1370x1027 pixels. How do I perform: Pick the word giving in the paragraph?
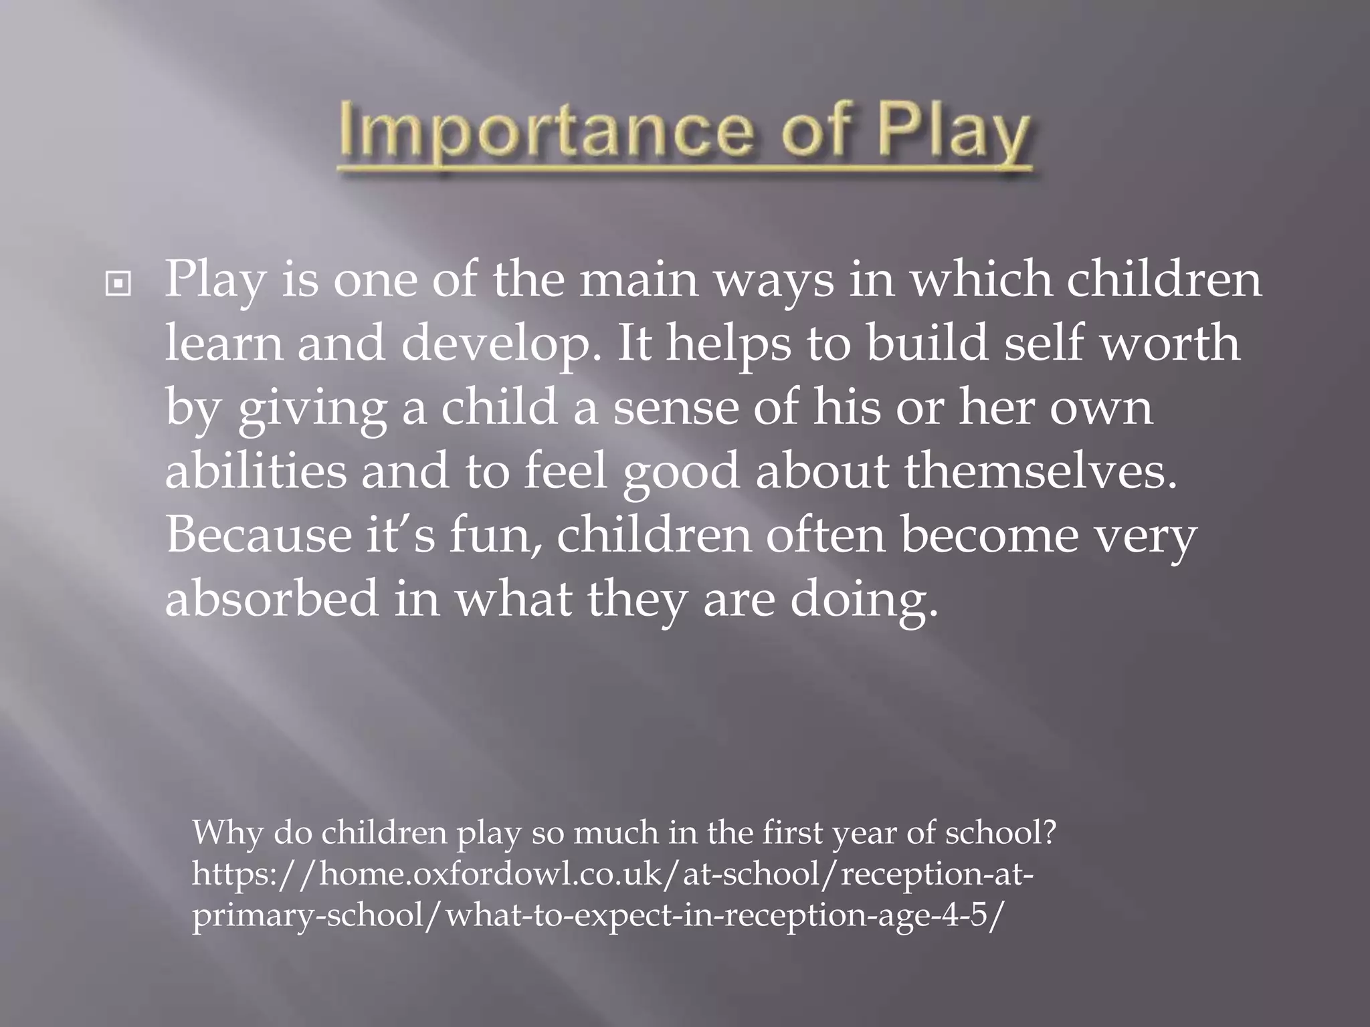[312, 409]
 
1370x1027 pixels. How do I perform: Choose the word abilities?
[256, 471]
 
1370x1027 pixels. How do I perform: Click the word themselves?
[1040, 471]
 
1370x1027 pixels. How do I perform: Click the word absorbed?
[272, 599]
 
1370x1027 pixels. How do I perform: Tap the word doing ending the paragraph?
[864, 600]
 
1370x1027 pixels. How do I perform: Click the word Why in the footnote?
[225, 833]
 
